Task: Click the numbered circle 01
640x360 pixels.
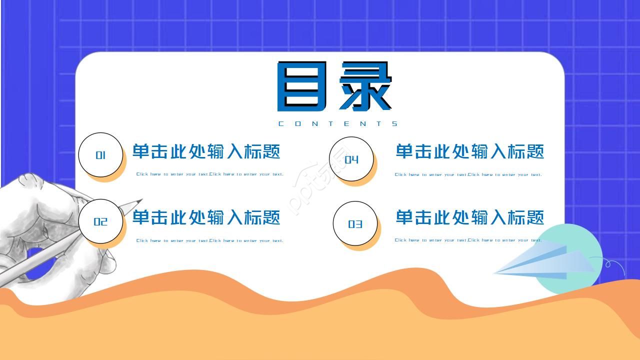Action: click(x=100, y=155)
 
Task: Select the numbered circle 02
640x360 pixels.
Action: click(x=100, y=221)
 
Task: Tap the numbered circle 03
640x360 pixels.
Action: click(x=355, y=224)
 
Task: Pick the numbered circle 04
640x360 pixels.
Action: click(x=351, y=159)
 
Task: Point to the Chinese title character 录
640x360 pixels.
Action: click(x=365, y=86)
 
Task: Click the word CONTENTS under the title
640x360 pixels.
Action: click(x=338, y=124)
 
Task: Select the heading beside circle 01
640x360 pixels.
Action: click(x=206, y=151)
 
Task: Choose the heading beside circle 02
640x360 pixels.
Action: click(x=206, y=217)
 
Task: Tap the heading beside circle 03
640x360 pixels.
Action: click(x=469, y=217)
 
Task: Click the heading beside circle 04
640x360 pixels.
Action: click(x=469, y=151)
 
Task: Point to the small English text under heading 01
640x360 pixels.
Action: click(x=209, y=174)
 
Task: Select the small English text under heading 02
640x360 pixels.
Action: click(x=209, y=240)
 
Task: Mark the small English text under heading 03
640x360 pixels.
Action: click(x=468, y=240)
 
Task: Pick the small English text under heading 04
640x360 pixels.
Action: click(x=468, y=174)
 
